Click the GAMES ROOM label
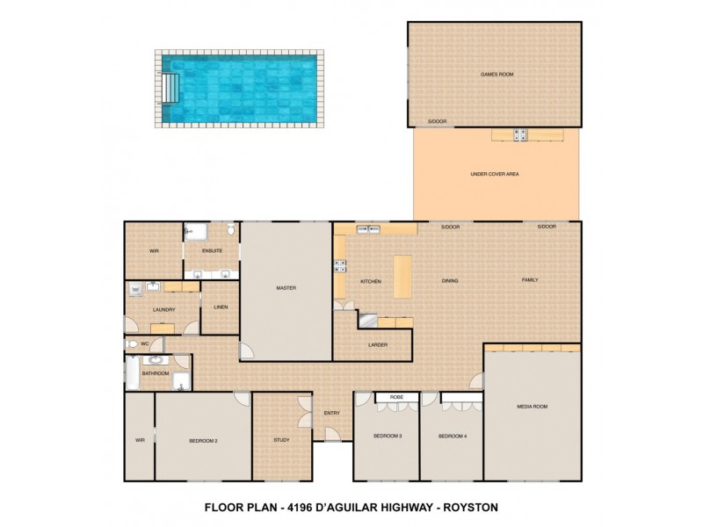point(495,76)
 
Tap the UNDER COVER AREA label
point(496,174)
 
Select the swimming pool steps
point(170,89)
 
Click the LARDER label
point(378,344)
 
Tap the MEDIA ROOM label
point(533,407)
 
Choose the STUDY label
point(281,440)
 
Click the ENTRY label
point(331,413)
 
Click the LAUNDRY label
point(164,309)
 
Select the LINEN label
point(220,307)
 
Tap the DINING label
point(451,280)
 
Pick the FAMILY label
point(530,280)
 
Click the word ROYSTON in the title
point(475,507)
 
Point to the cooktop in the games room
point(519,134)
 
